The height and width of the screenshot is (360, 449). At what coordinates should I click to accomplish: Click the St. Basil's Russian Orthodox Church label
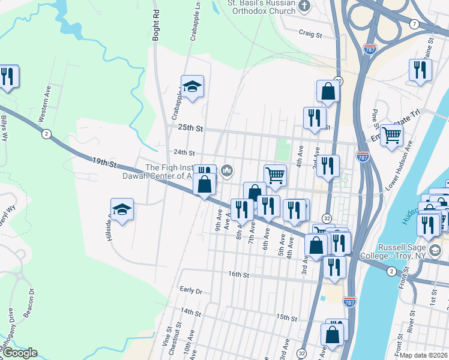pyautogui.click(x=261, y=8)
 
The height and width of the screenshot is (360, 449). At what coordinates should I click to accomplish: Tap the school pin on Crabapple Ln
pyautogui.click(x=192, y=87)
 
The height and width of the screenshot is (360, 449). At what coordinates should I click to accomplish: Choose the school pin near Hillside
pyautogui.click(x=122, y=210)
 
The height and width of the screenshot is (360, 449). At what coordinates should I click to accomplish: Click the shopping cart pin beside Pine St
pyautogui.click(x=391, y=135)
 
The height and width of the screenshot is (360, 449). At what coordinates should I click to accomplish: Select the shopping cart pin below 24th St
pyautogui.click(x=275, y=175)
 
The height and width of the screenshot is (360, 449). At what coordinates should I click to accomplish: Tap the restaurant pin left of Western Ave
pyautogui.click(x=7, y=77)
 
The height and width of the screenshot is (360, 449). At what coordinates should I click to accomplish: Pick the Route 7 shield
pyautogui.click(x=415, y=23)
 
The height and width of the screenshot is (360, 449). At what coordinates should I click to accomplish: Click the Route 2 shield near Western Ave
pyautogui.click(x=46, y=134)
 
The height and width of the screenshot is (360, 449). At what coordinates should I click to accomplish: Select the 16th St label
pyautogui.click(x=238, y=274)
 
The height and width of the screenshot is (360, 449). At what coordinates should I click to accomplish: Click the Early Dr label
pyautogui.click(x=191, y=290)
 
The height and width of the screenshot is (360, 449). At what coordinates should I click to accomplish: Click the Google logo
pyautogui.click(x=19, y=353)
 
